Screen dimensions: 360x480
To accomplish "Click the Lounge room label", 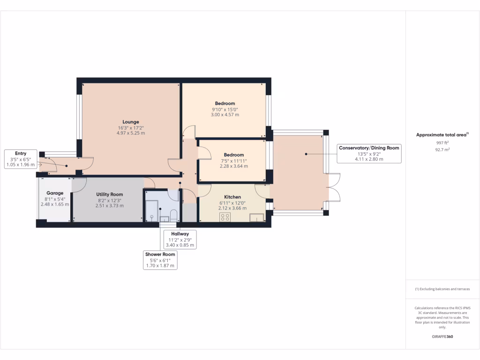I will pos(130,122).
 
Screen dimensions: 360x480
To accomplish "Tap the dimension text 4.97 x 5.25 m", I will pos(130,133).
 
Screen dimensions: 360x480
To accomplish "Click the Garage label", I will pos(55,193).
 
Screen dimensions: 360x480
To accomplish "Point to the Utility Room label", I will pos(109,194).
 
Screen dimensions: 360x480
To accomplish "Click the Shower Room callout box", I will pos(160,260).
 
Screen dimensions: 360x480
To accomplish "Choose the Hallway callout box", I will pos(180,239).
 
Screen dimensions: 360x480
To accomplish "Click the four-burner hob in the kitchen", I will pos(225,217).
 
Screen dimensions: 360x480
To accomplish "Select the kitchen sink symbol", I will pos(256,217).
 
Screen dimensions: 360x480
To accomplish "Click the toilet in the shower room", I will pos(173,216).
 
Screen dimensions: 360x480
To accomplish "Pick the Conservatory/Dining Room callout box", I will pos(369,153).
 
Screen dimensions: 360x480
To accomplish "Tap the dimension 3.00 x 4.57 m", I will pos(225,115).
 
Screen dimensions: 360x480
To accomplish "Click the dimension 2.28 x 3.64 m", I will pos(233,166).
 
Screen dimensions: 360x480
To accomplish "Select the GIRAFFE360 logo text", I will pos(442,337).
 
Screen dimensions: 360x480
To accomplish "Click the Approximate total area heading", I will pos(442,135).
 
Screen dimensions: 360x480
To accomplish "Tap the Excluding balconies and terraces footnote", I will pos(442,289).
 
